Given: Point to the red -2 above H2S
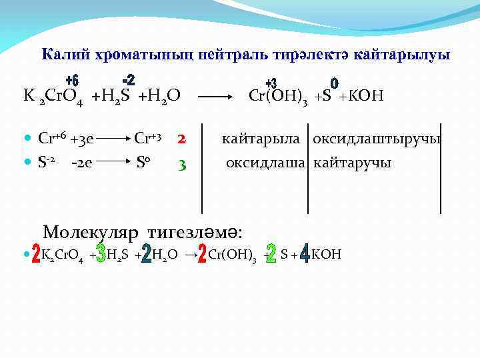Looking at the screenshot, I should click(x=128, y=80).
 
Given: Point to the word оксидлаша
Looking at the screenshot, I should click(x=266, y=162).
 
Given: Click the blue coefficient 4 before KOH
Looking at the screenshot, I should click(x=305, y=254).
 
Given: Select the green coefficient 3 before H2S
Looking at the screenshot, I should click(x=100, y=254).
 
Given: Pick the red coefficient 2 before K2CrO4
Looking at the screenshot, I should click(x=36, y=255).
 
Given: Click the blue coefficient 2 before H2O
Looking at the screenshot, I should click(x=147, y=254).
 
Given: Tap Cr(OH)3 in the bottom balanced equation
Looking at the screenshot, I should click(x=233, y=255).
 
